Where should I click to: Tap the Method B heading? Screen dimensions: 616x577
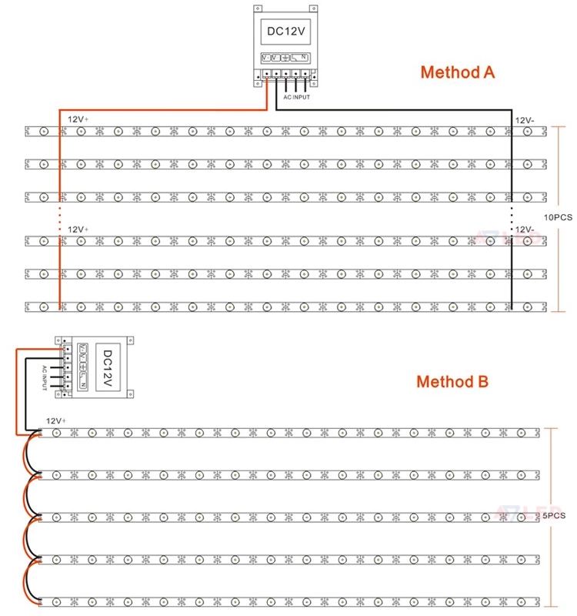point(452,381)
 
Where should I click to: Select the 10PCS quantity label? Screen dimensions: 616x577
point(559,218)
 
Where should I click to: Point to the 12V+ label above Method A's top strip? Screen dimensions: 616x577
point(78,120)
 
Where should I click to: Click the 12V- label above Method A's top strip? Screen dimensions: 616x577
point(524,120)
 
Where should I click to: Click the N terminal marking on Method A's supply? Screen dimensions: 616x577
point(303,58)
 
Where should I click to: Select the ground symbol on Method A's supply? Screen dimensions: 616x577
point(285,58)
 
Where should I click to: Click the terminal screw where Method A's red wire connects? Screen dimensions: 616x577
point(266,75)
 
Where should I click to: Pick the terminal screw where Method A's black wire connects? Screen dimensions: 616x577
point(276,75)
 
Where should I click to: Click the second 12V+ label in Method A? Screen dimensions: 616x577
point(78,229)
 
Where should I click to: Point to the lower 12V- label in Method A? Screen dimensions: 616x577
point(524,229)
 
